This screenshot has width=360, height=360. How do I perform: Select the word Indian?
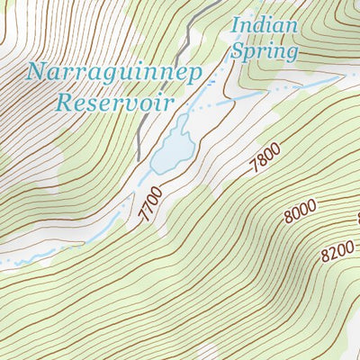pos(264,25)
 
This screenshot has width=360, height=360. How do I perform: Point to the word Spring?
pos(264,51)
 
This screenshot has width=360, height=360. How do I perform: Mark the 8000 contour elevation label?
pos(301,210)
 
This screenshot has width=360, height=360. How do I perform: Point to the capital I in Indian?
pos(236,25)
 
